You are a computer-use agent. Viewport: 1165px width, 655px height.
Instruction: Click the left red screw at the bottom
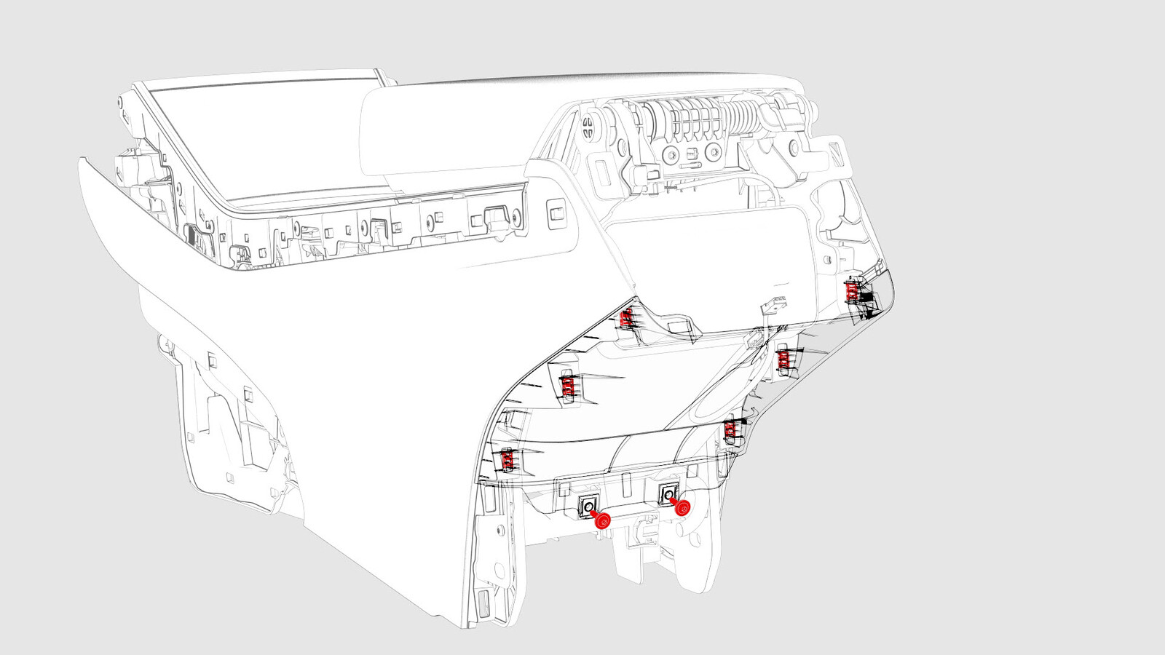click(602, 520)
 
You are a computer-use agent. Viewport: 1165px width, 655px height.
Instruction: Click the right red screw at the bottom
click(682, 509)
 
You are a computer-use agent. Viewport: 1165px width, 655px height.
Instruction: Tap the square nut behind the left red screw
click(587, 504)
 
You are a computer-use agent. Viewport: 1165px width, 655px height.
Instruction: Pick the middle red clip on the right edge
click(783, 358)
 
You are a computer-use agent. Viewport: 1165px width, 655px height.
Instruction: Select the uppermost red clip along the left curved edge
click(625, 318)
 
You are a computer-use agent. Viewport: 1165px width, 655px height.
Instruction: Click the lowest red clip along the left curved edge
click(508, 458)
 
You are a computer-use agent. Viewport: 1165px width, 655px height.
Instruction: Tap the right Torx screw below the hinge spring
click(713, 152)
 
